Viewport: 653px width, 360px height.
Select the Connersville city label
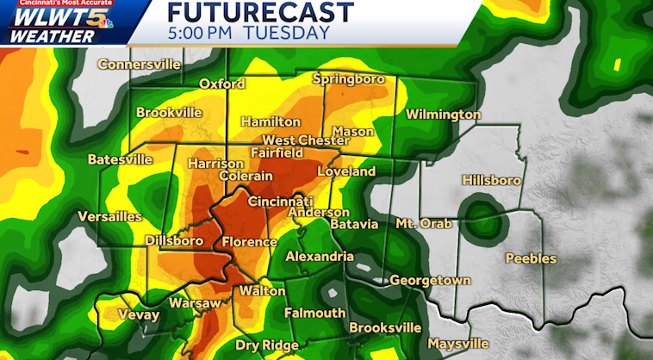(139, 65)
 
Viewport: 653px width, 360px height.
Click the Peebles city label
(531, 258)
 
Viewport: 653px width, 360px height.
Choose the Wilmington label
(443, 115)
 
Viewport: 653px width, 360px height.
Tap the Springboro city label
(345, 80)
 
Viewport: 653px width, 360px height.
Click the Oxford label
(222, 84)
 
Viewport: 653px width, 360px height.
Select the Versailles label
(109, 216)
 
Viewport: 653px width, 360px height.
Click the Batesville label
(120, 159)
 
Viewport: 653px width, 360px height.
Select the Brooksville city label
(385, 327)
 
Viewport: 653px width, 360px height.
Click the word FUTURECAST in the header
(260, 12)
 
